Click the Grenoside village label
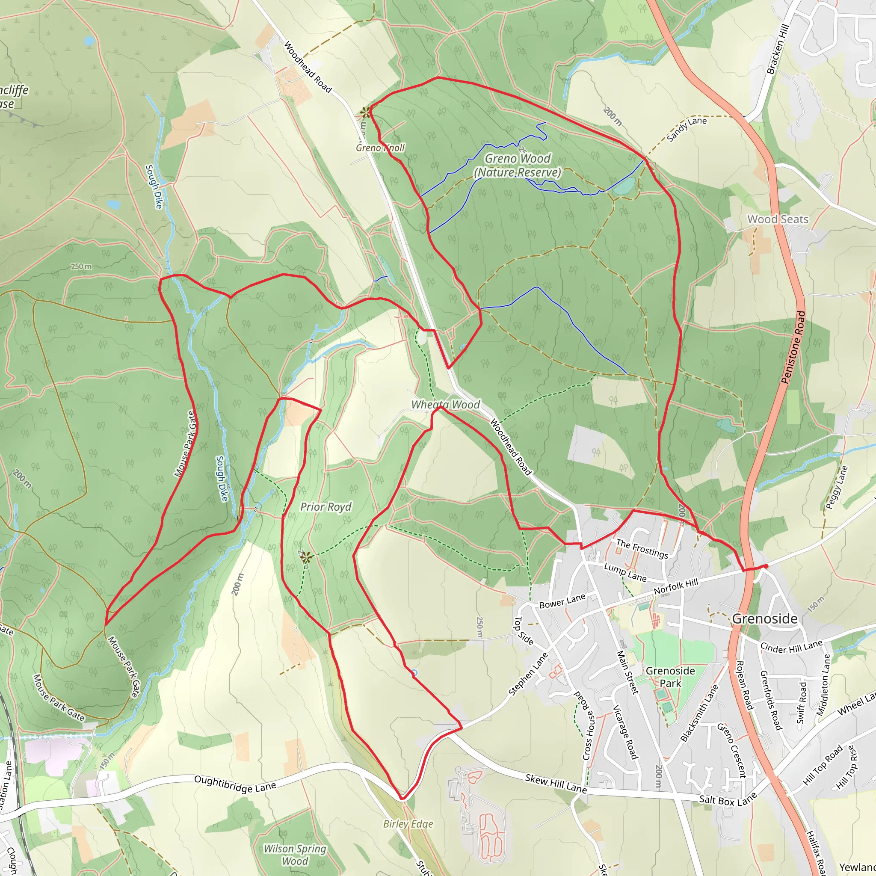tap(764, 619)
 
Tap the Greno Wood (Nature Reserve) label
tap(518, 166)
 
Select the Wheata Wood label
tap(445, 405)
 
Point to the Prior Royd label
tap(326, 507)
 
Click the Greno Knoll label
tap(380, 148)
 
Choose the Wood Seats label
tap(778, 219)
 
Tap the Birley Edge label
tap(408, 824)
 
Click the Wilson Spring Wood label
tap(295, 855)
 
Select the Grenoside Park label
tap(670, 677)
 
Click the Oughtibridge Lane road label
tap(235, 784)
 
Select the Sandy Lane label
tap(687, 129)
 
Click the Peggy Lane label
tap(837, 488)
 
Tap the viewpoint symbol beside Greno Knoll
tap(365, 112)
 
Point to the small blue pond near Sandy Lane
tap(625, 186)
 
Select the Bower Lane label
tap(562, 601)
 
